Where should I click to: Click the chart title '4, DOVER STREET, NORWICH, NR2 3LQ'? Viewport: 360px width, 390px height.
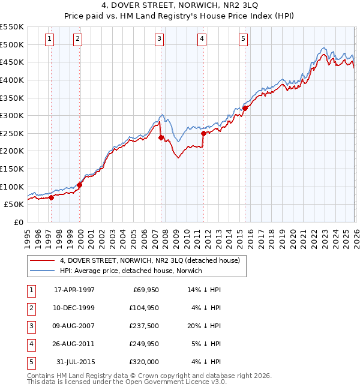[x=180, y=7]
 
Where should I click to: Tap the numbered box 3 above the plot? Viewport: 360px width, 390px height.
[x=159, y=40]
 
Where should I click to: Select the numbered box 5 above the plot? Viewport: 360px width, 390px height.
[x=243, y=40]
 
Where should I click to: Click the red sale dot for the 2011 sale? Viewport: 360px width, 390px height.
[x=203, y=134]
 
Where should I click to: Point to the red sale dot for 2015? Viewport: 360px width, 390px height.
[x=245, y=109]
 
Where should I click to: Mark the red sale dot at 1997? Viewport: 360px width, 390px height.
[x=51, y=197]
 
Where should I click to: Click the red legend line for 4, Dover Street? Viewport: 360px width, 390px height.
[x=43, y=260]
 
